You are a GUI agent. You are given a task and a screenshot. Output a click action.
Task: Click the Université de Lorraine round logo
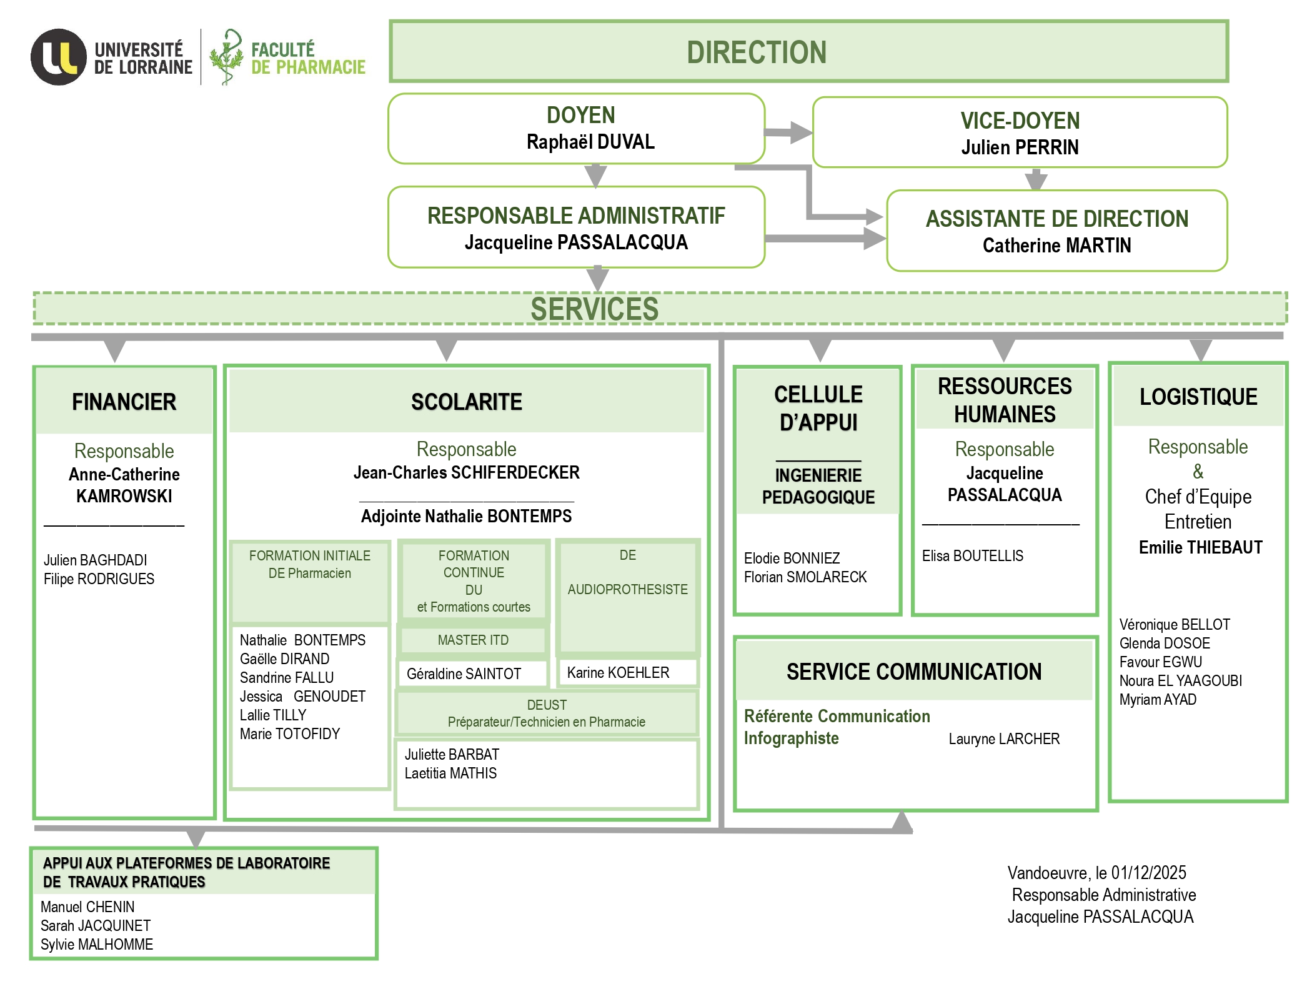click(x=59, y=57)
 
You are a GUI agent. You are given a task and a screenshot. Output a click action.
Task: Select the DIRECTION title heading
click(x=756, y=52)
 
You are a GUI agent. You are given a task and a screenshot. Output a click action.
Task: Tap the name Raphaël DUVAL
click(x=590, y=142)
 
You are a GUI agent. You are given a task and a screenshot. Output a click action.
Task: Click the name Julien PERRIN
click(x=1020, y=147)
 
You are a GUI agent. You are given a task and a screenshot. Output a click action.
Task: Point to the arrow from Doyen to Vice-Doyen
click(x=788, y=132)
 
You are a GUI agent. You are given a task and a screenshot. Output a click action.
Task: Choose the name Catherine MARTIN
click(x=1056, y=246)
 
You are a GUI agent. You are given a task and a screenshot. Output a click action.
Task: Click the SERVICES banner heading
click(x=594, y=309)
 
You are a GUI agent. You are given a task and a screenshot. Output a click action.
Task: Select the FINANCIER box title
click(x=124, y=402)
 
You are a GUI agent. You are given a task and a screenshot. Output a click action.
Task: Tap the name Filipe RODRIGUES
click(x=99, y=579)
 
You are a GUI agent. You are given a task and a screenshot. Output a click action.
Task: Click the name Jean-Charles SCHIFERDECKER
click(x=466, y=472)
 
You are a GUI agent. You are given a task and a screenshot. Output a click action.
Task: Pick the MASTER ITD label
click(x=473, y=640)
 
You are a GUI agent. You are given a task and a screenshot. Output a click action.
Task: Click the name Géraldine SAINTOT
click(x=464, y=674)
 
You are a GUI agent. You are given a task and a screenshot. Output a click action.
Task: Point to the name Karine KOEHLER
click(x=618, y=673)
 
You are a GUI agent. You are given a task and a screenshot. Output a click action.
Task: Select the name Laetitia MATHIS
click(x=450, y=773)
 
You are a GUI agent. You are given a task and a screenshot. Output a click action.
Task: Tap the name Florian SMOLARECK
click(x=805, y=577)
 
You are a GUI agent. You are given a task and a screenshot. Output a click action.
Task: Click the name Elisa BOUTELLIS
click(x=972, y=556)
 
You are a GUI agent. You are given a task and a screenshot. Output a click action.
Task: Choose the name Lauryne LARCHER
click(x=1004, y=739)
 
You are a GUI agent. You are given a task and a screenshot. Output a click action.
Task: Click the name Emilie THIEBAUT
click(x=1200, y=548)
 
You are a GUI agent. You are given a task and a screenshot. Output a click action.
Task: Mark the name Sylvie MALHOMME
click(x=97, y=945)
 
